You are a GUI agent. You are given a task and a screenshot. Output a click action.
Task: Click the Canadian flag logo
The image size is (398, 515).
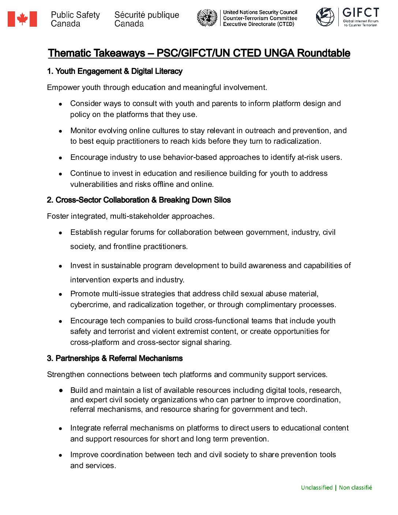tap(22, 19)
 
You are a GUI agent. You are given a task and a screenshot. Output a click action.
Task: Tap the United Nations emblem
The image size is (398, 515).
tap(207, 18)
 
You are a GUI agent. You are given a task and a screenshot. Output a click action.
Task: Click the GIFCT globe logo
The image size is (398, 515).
tap(325, 17)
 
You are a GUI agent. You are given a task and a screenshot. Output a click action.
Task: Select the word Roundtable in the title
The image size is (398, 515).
tap(323, 53)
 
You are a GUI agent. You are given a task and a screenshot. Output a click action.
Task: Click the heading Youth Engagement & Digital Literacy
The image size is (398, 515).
tap(119, 71)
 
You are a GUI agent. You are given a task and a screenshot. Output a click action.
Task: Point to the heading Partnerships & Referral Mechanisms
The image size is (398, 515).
tap(119, 358)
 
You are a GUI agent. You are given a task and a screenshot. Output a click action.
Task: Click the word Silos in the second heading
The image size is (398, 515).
tap(222, 200)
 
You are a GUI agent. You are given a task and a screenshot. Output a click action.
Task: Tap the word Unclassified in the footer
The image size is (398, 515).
tap(316, 488)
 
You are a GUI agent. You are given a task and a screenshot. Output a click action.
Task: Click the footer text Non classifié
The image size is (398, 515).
tap(355, 488)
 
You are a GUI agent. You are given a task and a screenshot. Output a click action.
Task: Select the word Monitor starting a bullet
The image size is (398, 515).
tap(83, 131)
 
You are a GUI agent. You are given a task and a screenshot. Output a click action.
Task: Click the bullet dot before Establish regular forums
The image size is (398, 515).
tap(60, 233)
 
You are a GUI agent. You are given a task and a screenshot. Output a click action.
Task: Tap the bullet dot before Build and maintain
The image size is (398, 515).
tap(60, 391)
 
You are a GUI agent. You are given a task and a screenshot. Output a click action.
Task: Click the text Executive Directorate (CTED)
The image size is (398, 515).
tap(259, 24)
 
